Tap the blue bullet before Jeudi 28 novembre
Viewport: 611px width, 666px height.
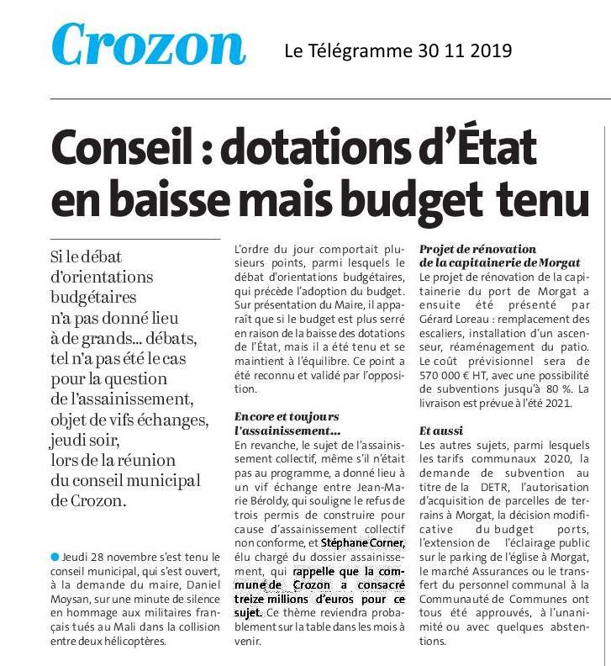(55, 558)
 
